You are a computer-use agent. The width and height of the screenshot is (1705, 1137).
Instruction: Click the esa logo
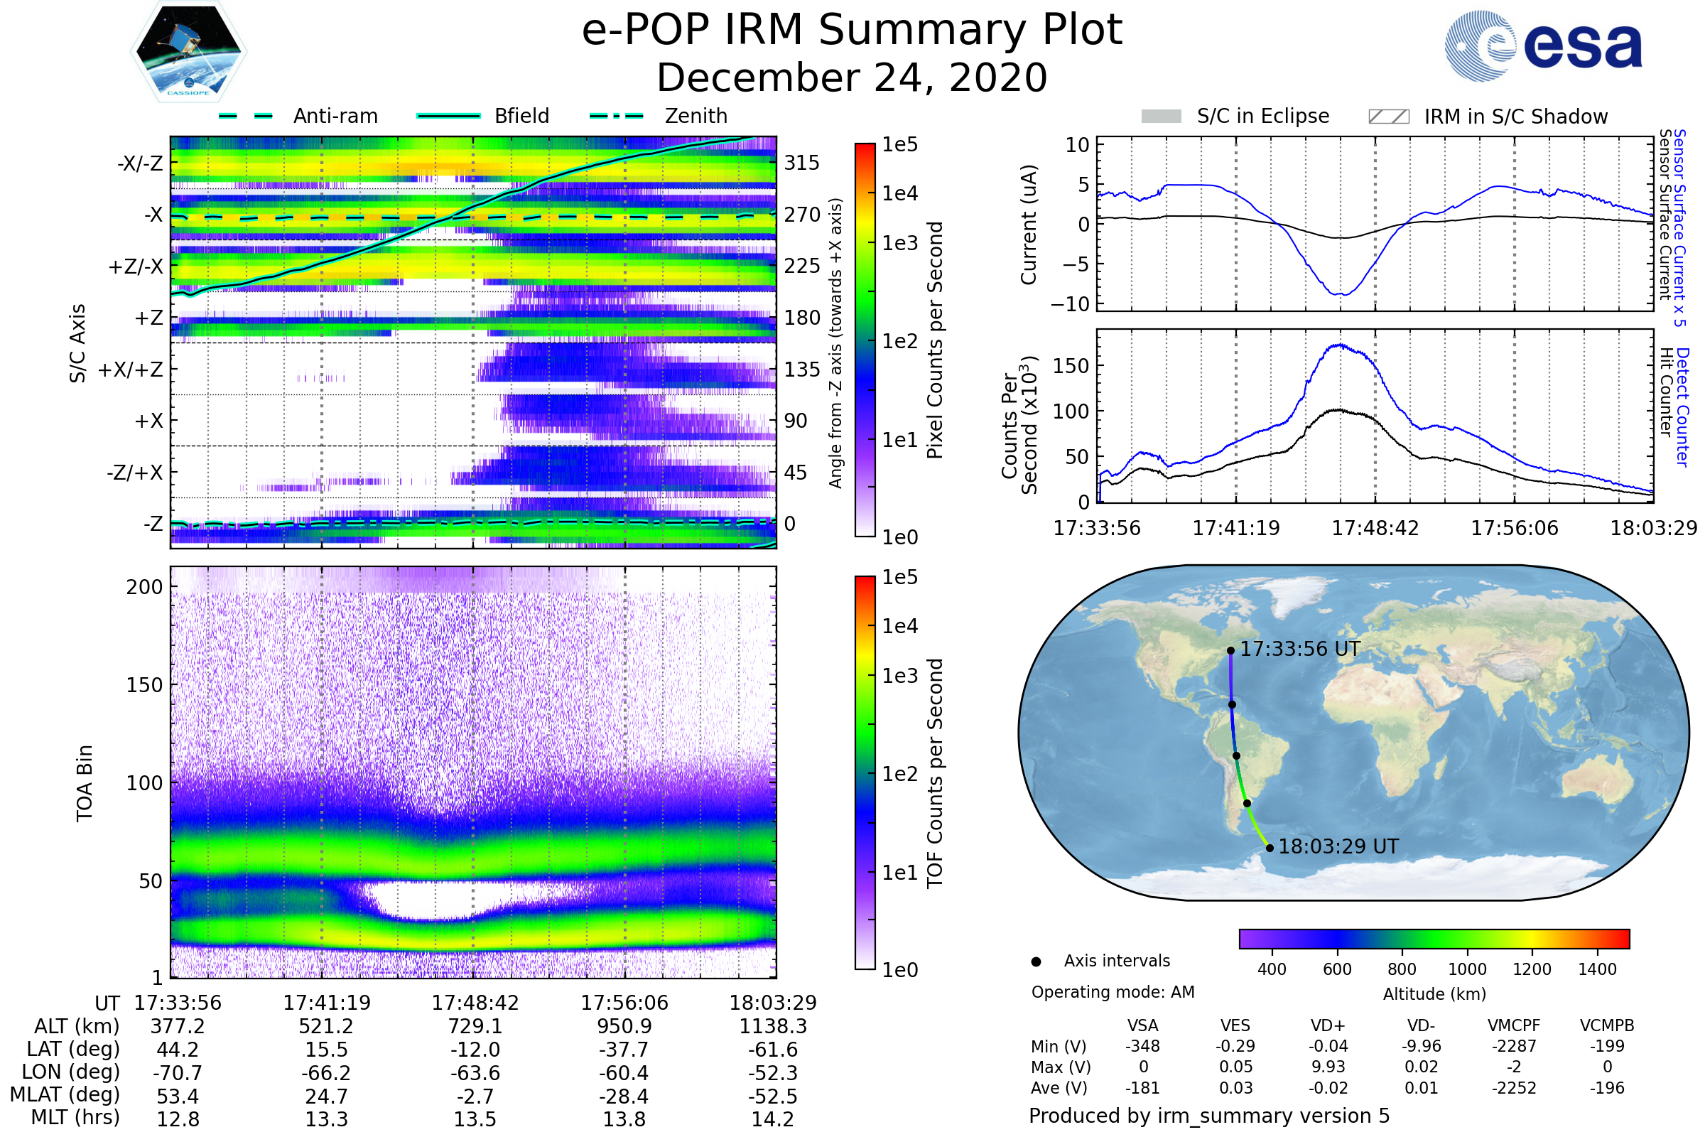(1543, 45)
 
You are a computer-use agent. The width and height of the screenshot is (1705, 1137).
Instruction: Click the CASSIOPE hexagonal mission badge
(188, 51)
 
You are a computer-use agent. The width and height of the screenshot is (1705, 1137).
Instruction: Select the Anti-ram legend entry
(298, 116)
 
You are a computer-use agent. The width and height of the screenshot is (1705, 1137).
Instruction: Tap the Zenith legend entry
(659, 116)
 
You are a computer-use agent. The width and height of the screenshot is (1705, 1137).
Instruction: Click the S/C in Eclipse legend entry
(1235, 116)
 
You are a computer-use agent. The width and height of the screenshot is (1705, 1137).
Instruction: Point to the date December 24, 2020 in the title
(852, 77)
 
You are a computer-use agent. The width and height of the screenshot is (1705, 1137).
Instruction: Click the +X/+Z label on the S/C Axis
(131, 370)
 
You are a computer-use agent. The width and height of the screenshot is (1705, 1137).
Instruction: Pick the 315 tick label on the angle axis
(802, 163)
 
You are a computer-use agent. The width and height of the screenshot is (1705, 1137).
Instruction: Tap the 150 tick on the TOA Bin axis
(145, 684)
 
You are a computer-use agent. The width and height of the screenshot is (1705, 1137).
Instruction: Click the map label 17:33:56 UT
(1301, 649)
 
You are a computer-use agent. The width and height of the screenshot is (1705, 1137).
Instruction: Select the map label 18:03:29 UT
(1338, 846)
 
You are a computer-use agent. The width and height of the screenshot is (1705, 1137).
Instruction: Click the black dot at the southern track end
(1270, 848)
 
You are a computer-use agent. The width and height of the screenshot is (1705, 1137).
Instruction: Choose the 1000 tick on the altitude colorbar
(1467, 969)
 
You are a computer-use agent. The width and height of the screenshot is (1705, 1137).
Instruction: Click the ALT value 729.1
(475, 1026)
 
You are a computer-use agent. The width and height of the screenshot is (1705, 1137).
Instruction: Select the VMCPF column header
(1514, 1025)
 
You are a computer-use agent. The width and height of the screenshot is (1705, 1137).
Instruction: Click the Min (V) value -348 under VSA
(1142, 1045)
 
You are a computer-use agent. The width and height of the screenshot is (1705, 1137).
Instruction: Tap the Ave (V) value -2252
(1514, 1088)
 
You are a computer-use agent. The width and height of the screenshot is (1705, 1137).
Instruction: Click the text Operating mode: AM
(1113, 992)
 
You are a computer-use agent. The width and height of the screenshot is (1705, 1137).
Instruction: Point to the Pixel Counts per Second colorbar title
(935, 340)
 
